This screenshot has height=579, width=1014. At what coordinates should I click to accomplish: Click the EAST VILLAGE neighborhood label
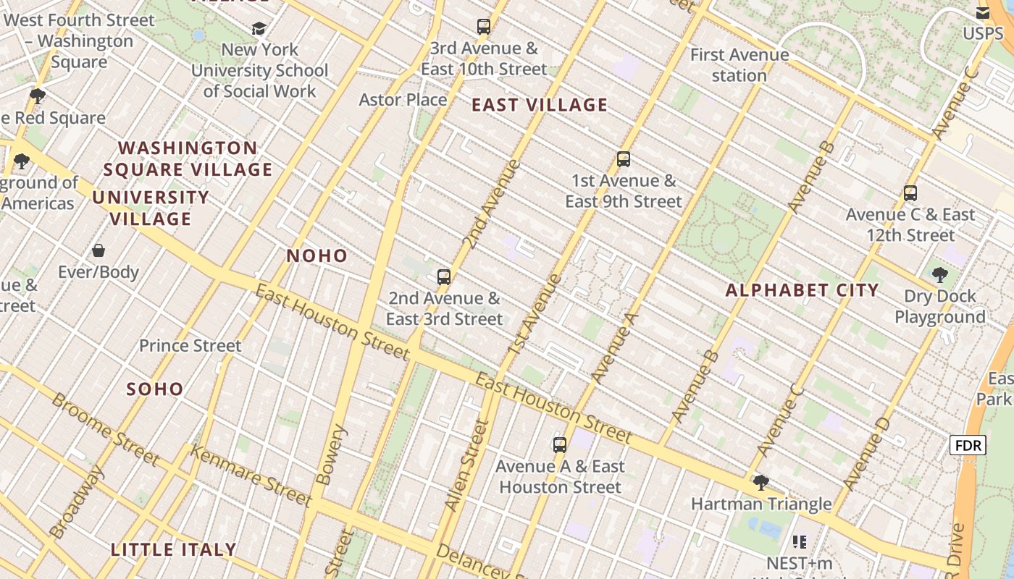pos(540,105)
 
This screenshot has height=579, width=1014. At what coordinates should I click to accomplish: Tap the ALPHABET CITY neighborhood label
pos(802,290)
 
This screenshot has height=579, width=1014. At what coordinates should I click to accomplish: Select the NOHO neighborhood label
pos(317,255)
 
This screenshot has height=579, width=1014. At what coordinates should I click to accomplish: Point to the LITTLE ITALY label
pos(174,549)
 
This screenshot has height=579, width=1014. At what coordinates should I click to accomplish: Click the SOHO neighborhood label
pos(155,389)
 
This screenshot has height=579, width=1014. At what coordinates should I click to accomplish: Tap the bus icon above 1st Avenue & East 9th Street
pos(624,159)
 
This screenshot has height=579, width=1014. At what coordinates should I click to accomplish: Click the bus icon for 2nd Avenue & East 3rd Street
pos(444,276)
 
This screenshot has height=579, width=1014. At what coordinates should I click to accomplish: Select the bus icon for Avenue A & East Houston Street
pos(560,444)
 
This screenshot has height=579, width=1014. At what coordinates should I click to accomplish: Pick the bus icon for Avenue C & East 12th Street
pos(910,193)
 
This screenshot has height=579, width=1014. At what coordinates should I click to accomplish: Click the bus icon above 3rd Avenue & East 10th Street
pos(484,27)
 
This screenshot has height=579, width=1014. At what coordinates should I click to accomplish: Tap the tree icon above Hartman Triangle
pos(760,482)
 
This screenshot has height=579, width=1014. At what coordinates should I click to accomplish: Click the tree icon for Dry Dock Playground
pos(940,274)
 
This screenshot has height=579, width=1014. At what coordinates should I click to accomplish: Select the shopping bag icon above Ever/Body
pos(99,250)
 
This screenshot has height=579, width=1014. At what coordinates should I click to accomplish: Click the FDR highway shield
pos(968,445)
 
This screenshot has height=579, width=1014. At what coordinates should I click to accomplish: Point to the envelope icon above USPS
pos(983,12)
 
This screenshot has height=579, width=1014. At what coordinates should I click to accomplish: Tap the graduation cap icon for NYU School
pos(259,28)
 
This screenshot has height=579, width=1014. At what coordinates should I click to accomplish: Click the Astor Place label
pos(403,99)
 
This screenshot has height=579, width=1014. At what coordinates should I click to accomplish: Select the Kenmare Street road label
pos(251,475)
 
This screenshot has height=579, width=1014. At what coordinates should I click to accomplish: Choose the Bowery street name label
pos(332,455)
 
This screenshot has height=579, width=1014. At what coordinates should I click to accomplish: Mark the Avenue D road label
pos(866,453)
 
